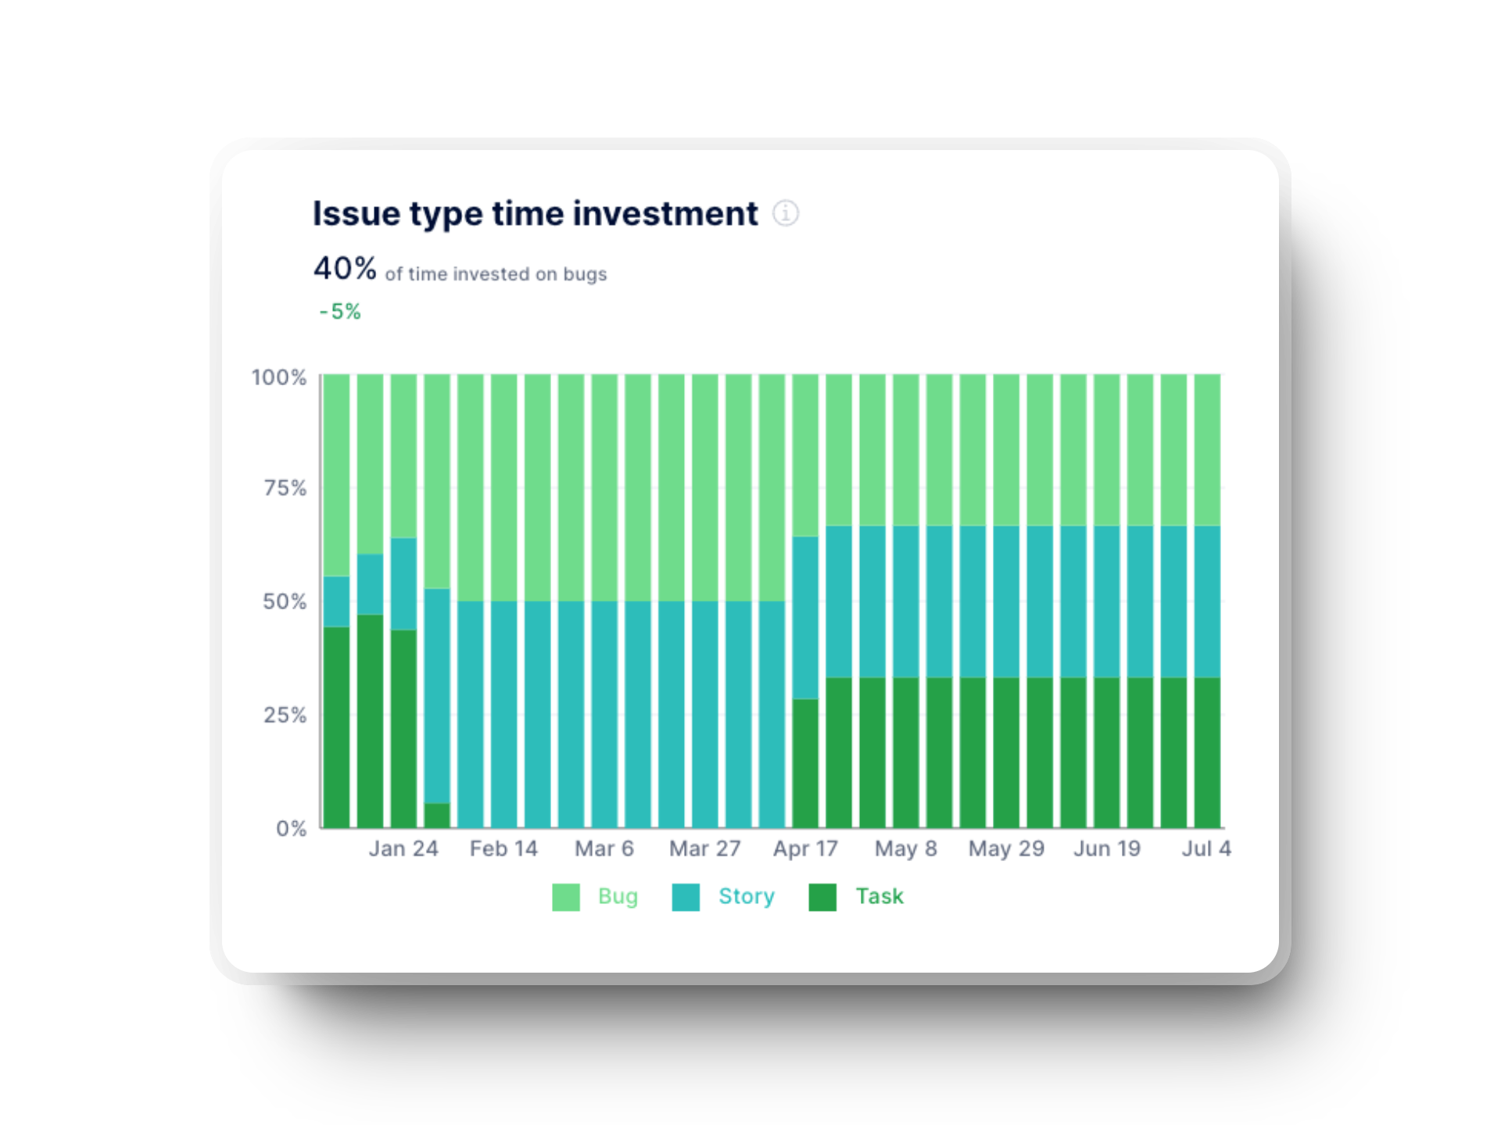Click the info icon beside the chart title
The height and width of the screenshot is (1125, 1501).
coord(786,213)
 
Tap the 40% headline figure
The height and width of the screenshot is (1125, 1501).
coord(345,269)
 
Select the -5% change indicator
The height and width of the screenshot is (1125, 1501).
coord(340,312)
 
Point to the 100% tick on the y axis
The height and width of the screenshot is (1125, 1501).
coord(279,377)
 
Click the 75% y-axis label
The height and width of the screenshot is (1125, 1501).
coord(285,488)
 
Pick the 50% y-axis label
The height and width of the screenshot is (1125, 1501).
coord(285,602)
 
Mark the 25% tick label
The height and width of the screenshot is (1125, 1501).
coord(285,715)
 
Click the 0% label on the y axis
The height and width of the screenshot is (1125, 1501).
coord(292,828)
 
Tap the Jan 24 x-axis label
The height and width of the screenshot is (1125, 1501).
coord(403,848)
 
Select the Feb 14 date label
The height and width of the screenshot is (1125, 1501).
coord(503,848)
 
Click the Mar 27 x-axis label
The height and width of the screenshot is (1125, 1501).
coord(704,848)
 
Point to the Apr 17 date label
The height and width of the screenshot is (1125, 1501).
coord(805,848)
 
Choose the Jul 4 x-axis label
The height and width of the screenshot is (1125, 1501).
coord(1206,848)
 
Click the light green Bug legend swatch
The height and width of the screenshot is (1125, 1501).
coord(566,897)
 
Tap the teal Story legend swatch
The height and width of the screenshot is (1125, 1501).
coord(686,897)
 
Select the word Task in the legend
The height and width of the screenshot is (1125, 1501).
coord(879,896)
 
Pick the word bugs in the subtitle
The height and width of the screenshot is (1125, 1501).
coord(585,274)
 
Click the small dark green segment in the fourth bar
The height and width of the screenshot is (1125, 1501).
coord(437,815)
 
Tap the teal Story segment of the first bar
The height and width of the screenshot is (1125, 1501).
coord(336,602)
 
